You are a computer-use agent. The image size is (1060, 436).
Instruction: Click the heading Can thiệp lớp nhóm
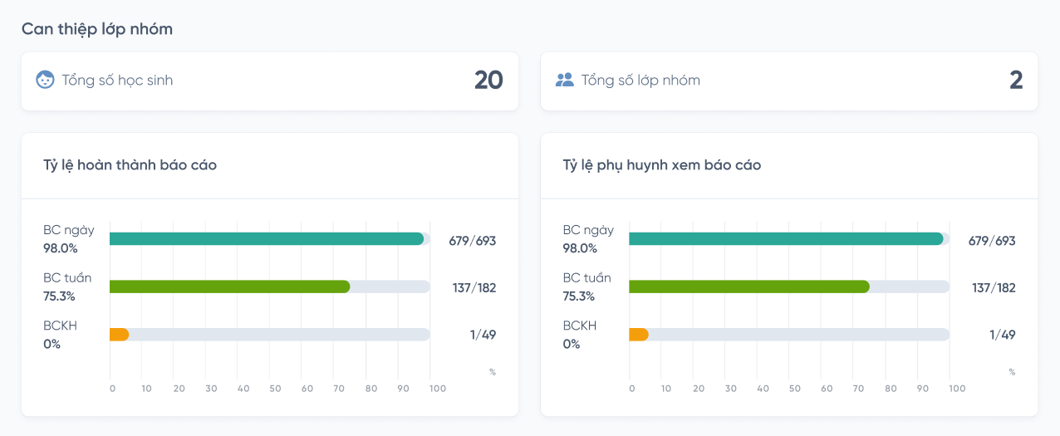pos(97,29)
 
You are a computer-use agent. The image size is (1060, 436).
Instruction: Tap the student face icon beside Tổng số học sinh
pos(45,80)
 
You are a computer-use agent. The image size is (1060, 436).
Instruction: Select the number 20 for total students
pos(488,81)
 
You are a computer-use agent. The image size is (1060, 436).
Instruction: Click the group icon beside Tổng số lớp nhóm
pos(565,80)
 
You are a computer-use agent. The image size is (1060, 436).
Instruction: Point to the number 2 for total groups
pos(1016,81)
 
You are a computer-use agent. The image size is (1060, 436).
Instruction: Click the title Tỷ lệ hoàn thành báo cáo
pos(130,165)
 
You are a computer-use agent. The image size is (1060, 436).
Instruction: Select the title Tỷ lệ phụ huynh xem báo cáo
pos(662,165)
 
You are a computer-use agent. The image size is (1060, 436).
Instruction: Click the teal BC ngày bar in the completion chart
pos(266,239)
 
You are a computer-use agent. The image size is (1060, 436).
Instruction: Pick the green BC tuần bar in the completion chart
pos(229,287)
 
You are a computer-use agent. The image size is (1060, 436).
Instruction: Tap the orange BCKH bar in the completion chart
pos(119,335)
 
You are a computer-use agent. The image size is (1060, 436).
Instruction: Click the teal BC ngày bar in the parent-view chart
pos(786,239)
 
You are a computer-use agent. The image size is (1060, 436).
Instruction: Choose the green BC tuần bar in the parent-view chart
pos(749,287)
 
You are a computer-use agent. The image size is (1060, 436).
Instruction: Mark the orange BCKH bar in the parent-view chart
pos(639,335)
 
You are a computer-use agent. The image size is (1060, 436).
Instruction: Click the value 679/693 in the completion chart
pos(472,241)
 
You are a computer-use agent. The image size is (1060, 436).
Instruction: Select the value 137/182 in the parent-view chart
pos(994,288)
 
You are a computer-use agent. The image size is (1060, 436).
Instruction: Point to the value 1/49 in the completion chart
pos(483,336)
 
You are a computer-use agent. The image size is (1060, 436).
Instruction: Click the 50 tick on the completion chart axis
pos(275,389)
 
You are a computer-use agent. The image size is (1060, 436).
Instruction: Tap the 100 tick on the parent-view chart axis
pos(957,389)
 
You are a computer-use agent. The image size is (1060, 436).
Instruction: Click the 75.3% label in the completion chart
pos(60,296)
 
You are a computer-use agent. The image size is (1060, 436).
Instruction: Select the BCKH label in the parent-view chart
pos(580,326)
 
